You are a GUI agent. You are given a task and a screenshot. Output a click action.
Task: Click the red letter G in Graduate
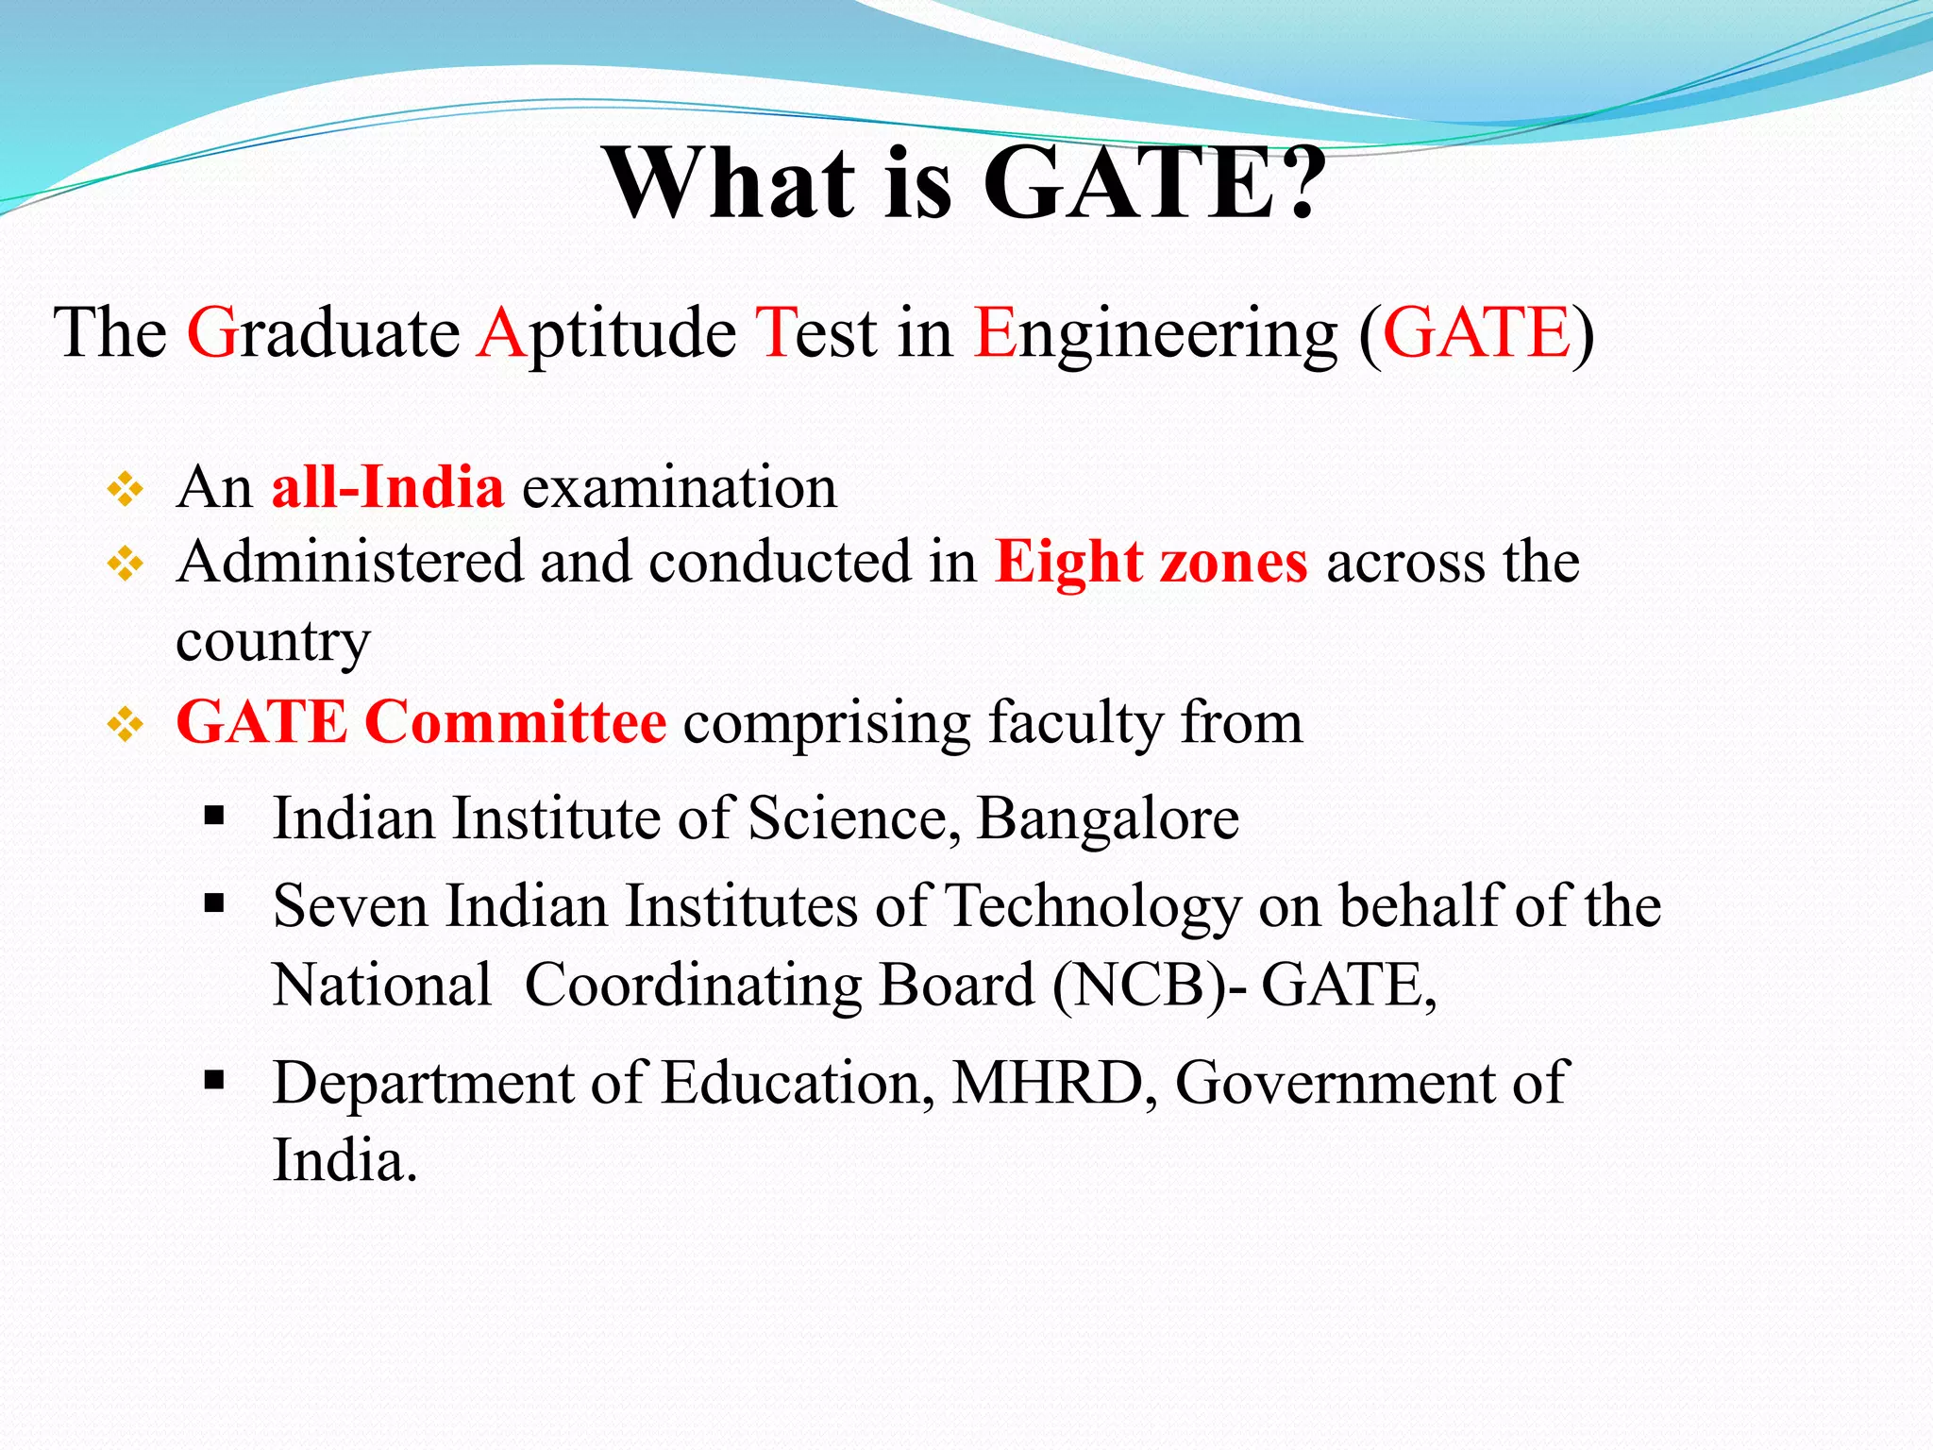pyautogui.click(x=212, y=332)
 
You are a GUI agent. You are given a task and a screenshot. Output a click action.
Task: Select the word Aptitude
pyautogui.click(x=607, y=334)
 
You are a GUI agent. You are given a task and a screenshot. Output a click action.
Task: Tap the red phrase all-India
pyautogui.click(x=387, y=487)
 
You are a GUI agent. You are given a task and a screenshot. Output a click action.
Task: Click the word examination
pyautogui.click(x=680, y=487)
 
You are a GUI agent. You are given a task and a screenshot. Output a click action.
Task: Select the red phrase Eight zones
pyautogui.click(x=1151, y=563)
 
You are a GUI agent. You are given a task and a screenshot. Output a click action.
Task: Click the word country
pyautogui.click(x=273, y=642)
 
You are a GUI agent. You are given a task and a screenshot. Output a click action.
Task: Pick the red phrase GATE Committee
pyautogui.click(x=421, y=722)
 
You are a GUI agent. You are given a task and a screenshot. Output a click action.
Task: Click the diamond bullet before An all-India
pyautogui.click(x=125, y=490)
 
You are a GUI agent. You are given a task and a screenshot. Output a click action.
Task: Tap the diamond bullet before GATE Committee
pyautogui.click(x=125, y=725)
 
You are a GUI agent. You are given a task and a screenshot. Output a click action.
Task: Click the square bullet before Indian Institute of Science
pyautogui.click(x=214, y=815)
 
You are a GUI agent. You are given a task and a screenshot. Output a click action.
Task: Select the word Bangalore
pyautogui.click(x=1107, y=818)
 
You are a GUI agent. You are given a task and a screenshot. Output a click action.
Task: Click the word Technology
pyautogui.click(x=1093, y=906)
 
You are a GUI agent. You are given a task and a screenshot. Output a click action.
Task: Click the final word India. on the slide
pyautogui.click(x=345, y=1160)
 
